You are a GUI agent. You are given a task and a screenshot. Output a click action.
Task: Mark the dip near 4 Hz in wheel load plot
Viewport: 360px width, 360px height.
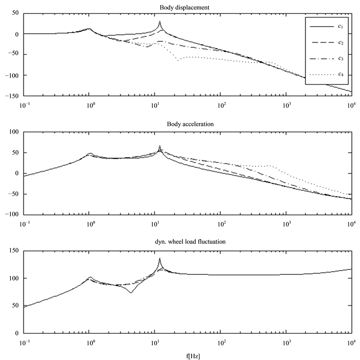coord(131,292)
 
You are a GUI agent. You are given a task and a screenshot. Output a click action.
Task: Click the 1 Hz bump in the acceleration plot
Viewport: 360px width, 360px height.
coord(89,154)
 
